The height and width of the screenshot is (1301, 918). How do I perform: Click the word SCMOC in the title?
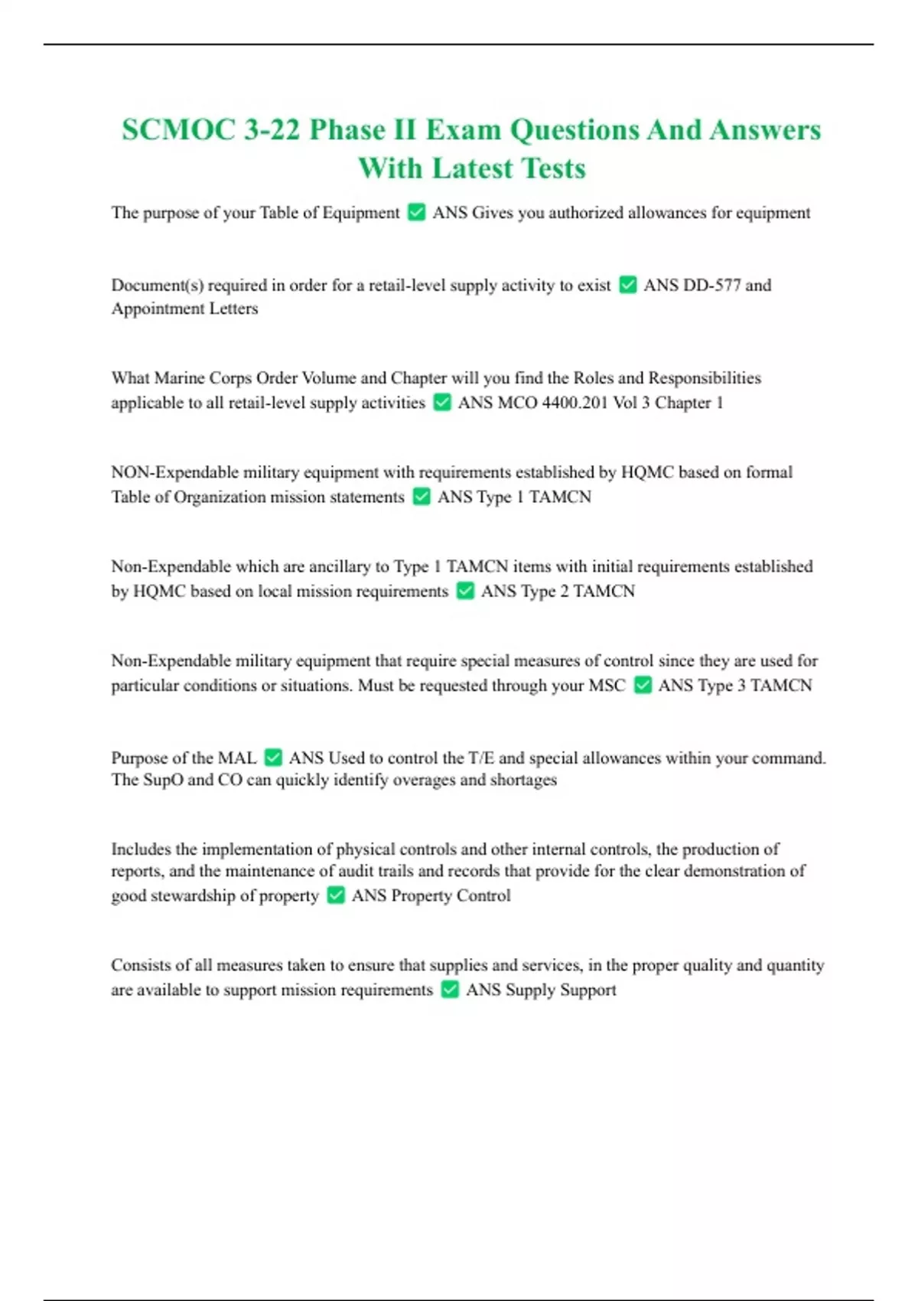click(x=178, y=130)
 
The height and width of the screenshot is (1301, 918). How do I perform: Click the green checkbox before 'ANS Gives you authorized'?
click(x=416, y=213)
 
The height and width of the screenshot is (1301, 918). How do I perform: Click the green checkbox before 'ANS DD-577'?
click(x=627, y=285)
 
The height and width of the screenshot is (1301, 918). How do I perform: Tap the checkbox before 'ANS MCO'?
click(x=442, y=403)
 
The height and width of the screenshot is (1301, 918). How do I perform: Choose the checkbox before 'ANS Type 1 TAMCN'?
click(x=422, y=497)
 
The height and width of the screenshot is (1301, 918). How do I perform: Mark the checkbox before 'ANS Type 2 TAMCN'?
click(x=465, y=592)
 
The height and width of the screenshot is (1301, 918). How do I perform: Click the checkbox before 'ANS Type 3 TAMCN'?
click(x=643, y=686)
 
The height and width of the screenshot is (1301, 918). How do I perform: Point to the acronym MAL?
click(x=237, y=758)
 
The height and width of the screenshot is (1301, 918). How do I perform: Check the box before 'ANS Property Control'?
click(x=336, y=895)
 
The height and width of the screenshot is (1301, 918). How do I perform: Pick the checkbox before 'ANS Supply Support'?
click(x=450, y=990)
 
